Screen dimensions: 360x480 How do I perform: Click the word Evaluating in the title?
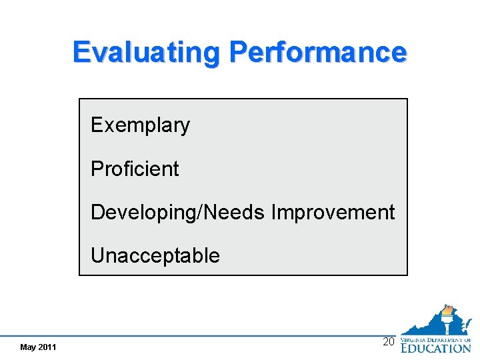pyautogui.click(x=147, y=53)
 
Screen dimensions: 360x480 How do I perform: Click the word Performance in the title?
pyautogui.click(x=317, y=52)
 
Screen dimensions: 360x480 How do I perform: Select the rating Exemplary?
pyautogui.click(x=140, y=125)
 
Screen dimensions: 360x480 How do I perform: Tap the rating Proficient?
pyautogui.click(x=135, y=169)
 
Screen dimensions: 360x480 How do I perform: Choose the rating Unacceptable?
pyautogui.click(x=155, y=255)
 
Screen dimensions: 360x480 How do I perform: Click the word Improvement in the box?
pyautogui.click(x=333, y=213)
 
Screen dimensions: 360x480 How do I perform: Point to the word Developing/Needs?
pyautogui.click(x=179, y=213)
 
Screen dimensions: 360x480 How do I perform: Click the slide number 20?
pyautogui.click(x=389, y=342)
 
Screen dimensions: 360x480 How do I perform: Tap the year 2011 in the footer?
pyautogui.click(x=47, y=347)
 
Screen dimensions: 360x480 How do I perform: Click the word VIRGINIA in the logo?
pyautogui.click(x=413, y=339)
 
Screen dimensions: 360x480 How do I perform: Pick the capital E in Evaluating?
pyautogui.click(x=81, y=53)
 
